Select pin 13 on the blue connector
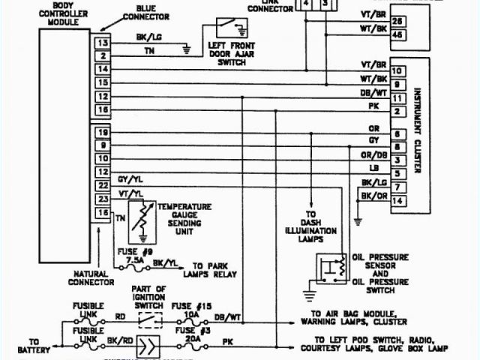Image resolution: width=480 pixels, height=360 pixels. click(101, 43)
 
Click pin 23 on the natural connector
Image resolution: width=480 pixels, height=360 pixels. click(101, 199)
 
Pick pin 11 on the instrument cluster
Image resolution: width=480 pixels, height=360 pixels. click(398, 98)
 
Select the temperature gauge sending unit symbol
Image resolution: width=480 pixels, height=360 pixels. click(139, 218)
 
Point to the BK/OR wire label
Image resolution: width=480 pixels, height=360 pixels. click(373, 196)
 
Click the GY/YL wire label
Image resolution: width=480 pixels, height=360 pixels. click(130, 181)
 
